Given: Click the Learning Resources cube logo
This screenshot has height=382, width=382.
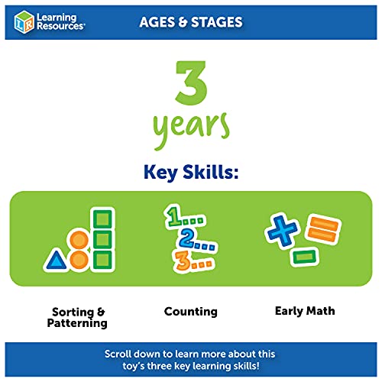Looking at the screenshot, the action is [x=24, y=22].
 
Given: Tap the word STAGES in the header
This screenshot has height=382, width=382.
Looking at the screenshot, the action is [x=217, y=22].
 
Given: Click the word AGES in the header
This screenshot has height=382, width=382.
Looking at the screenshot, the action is [x=157, y=22].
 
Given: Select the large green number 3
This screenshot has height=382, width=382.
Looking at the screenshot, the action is [x=191, y=83].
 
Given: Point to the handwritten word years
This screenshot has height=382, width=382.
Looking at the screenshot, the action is [x=191, y=130].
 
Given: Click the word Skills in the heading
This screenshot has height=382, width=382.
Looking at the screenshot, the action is [x=211, y=172].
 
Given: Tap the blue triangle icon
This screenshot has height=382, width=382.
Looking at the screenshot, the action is [x=56, y=261].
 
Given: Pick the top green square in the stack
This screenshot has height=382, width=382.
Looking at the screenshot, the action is [x=102, y=219].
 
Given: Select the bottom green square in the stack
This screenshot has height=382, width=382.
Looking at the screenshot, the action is [x=102, y=260].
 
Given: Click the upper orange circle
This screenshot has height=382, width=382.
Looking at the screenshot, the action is [x=79, y=240].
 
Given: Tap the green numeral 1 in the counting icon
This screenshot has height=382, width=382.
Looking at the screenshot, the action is [x=175, y=217].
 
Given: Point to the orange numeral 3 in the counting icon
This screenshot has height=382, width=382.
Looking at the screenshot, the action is [x=183, y=261].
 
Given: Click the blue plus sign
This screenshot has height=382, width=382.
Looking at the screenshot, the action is [x=282, y=231].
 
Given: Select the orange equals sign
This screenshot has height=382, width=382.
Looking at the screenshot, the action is [x=323, y=228].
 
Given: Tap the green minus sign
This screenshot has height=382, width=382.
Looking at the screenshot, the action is [x=305, y=257].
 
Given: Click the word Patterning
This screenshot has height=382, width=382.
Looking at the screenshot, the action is [x=77, y=323].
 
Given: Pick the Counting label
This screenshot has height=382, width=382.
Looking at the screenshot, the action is [x=191, y=312].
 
